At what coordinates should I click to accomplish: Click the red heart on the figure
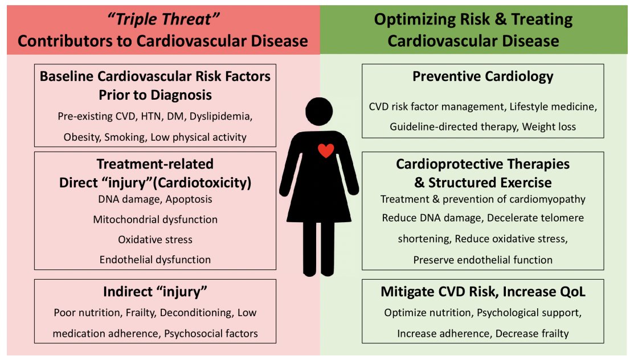[x=325, y=150]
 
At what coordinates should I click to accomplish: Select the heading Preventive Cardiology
[x=482, y=76]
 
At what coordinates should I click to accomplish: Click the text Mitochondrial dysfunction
[x=155, y=219]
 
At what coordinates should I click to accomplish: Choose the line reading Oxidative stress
[x=155, y=239]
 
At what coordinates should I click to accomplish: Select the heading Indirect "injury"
[x=155, y=292]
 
